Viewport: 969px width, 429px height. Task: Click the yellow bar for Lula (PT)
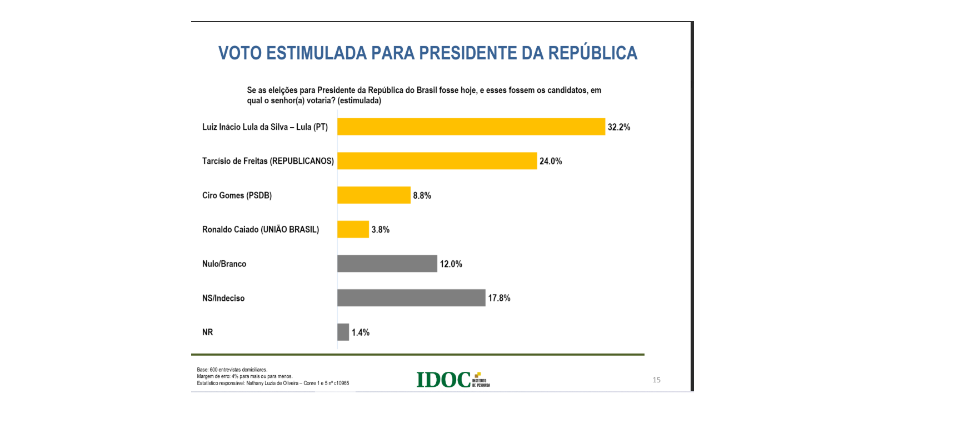pos(471,127)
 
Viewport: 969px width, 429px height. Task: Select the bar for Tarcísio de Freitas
pos(437,161)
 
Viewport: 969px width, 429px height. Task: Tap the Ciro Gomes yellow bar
pos(373,195)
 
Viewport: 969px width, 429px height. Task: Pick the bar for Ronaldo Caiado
pos(353,229)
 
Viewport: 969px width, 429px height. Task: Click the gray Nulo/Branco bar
pos(387,264)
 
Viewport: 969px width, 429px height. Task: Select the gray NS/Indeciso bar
pos(411,298)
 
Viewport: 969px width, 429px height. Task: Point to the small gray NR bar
pos(343,332)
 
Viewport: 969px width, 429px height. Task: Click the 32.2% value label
pos(618,127)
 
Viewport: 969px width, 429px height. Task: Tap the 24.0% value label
pos(551,161)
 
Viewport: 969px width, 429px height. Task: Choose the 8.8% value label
pos(422,195)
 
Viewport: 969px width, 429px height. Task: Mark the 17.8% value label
pos(499,298)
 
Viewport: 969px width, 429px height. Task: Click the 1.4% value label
pos(360,332)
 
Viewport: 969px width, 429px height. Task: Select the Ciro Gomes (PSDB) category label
pos(237,195)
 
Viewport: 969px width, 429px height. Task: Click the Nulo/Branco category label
pos(224,264)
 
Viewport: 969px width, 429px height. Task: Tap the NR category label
pos(207,332)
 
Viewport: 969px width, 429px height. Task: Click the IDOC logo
pos(453,380)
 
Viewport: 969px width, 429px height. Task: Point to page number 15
pos(656,380)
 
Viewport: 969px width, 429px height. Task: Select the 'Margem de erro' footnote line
pos(244,376)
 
